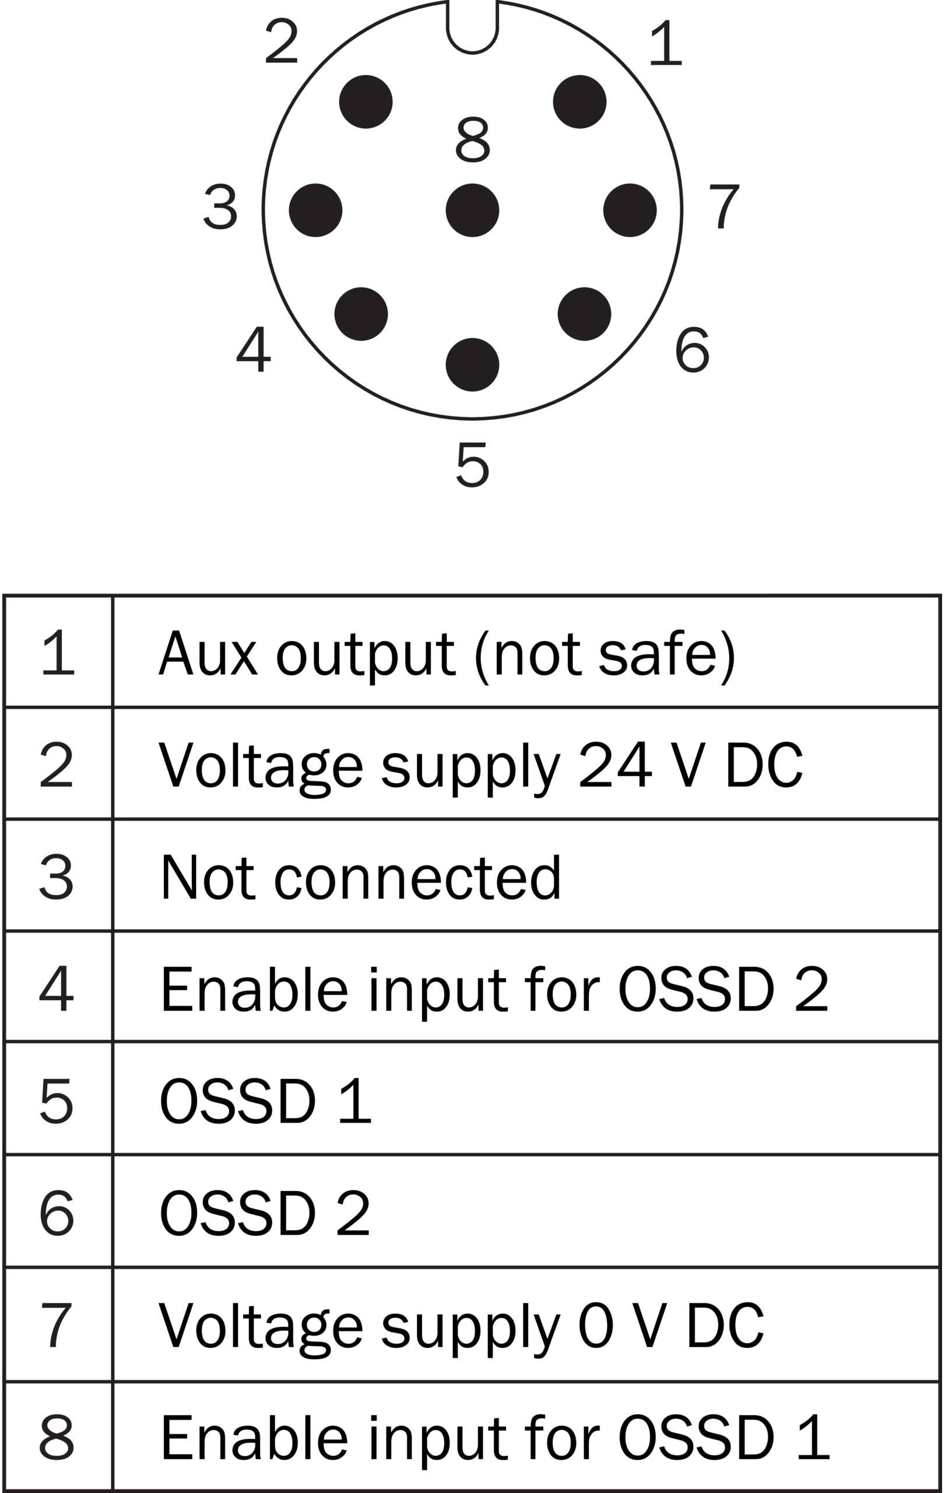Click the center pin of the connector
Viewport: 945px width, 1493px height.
[472, 210]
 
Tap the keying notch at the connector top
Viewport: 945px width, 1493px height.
[472, 28]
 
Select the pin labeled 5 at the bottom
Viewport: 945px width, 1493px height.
[472, 365]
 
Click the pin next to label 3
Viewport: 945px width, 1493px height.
[315, 210]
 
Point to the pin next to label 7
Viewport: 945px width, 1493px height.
[630, 210]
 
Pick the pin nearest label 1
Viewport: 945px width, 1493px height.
[579, 101]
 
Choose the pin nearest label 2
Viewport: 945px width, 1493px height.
[366, 101]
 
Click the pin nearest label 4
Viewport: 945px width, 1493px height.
[361, 314]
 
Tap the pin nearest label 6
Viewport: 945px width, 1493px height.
[584, 314]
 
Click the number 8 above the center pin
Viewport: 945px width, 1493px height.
[472, 139]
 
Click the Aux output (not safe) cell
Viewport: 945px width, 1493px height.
[446, 654]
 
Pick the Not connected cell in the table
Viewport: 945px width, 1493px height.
[361, 877]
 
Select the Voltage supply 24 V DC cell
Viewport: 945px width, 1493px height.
[480, 765]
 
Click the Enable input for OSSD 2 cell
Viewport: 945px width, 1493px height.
[494, 989]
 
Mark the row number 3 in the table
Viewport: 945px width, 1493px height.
[57, 877]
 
